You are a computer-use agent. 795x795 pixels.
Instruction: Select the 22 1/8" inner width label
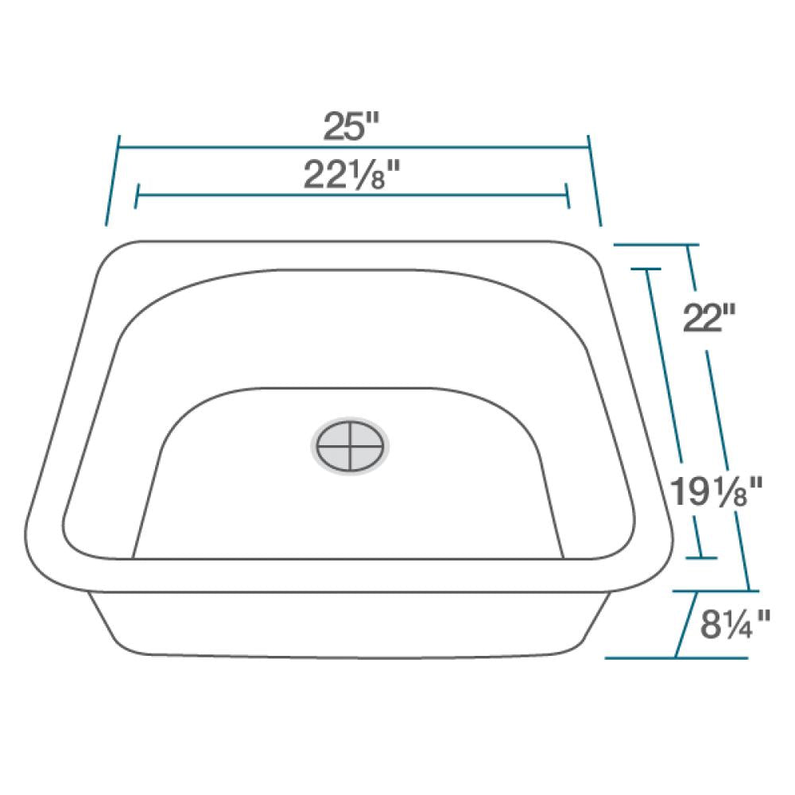click(x=351, y=176)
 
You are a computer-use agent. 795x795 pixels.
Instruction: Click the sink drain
click(x=350, y=446)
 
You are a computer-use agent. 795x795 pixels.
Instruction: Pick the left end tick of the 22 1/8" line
click(x=138, y=195)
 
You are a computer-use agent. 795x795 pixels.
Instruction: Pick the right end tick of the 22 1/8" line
click(x=567, y=195)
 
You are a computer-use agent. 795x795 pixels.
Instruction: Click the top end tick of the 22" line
click(x=687, y=245)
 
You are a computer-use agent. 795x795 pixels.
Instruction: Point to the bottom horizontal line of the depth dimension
click(x=676, y=657)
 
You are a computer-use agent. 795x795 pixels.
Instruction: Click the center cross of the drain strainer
click(x=350, y=447)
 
